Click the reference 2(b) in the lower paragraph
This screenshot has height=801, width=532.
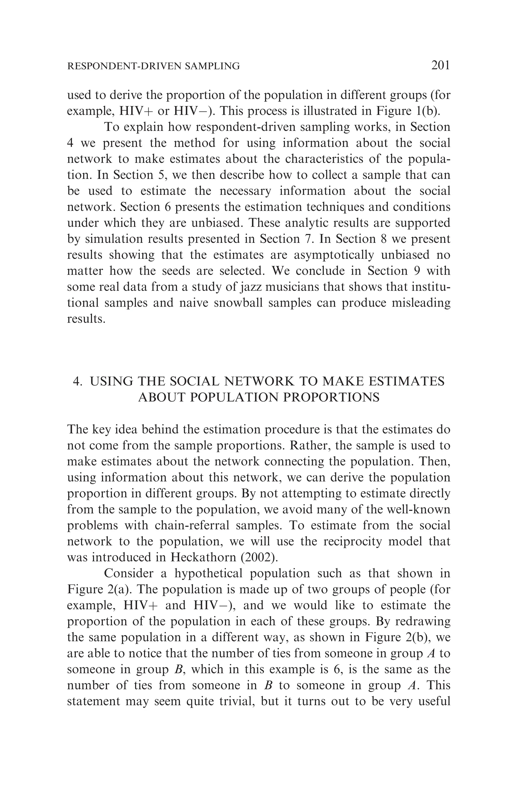point(418,637)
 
